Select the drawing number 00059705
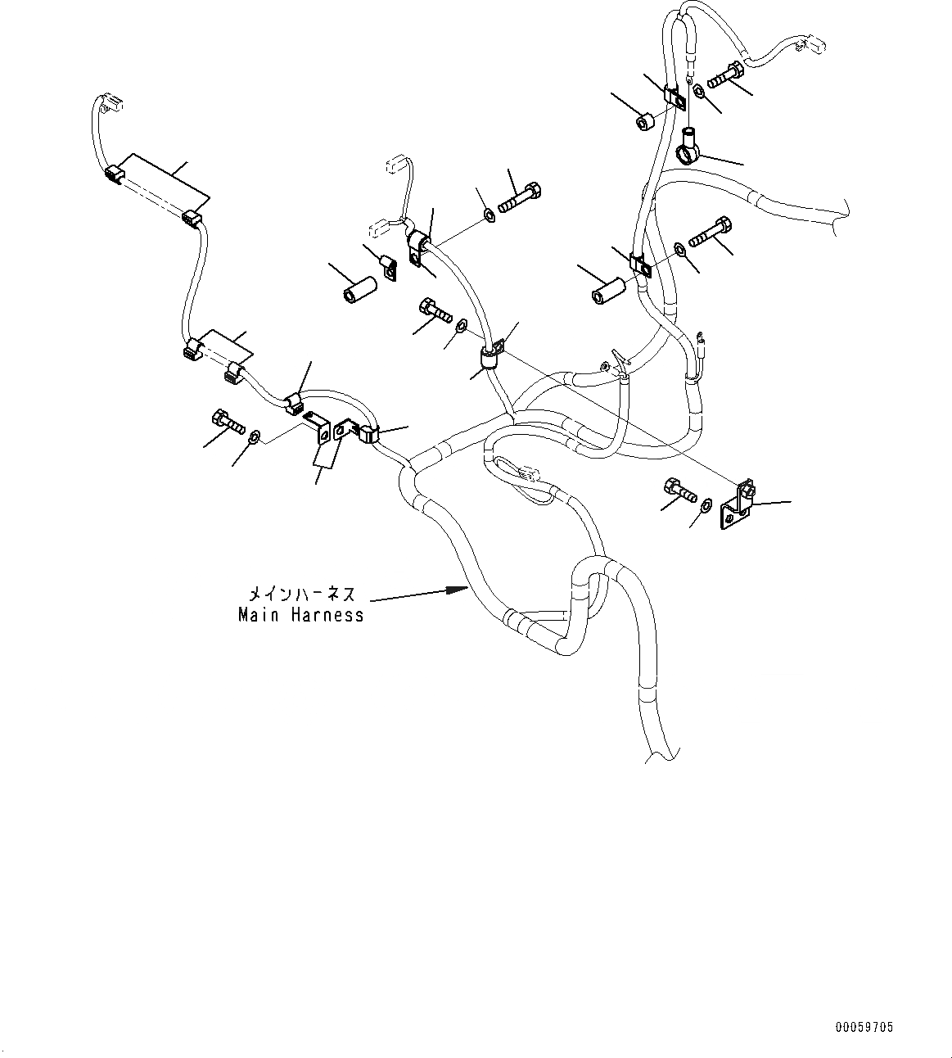click(864, 1026)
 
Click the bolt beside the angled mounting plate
click(680, 490)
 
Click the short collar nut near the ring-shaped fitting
click(644, 122)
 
